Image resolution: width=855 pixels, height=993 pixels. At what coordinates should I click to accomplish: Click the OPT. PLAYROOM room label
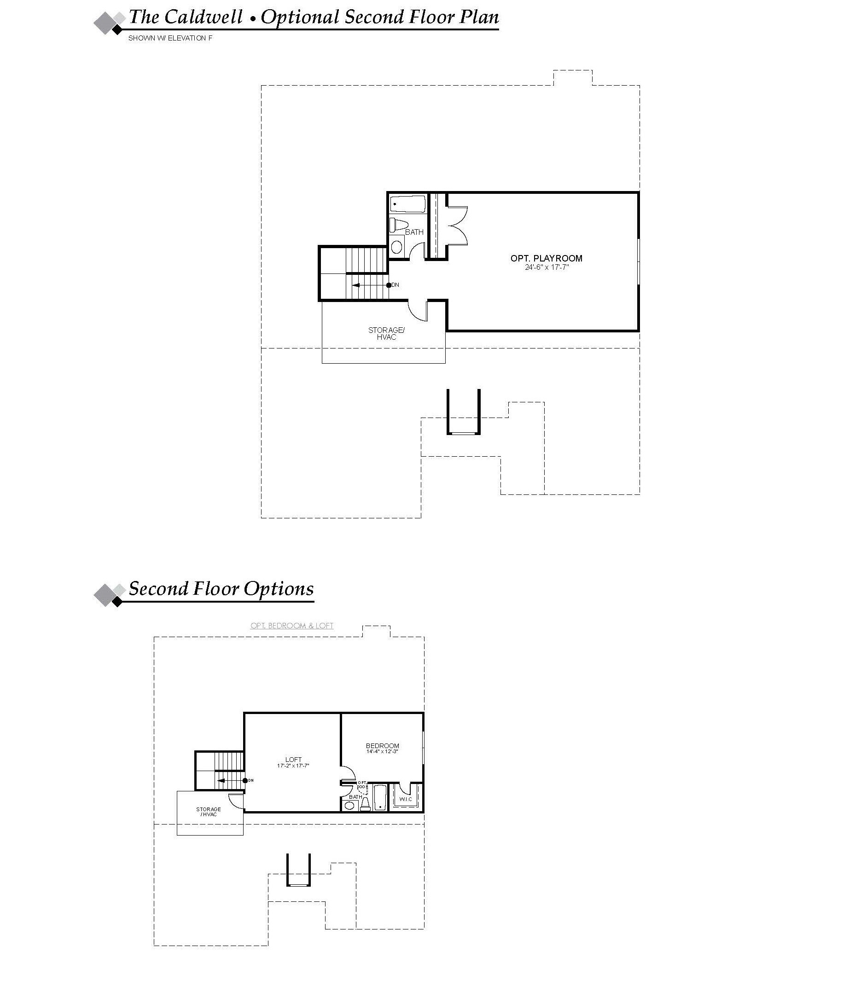click(x=547, y=258)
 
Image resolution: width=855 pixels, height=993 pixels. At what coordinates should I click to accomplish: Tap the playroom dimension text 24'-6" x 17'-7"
click(x=547, y=267)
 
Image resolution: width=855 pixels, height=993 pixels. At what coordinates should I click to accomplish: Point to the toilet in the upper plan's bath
click(x=398, y=225)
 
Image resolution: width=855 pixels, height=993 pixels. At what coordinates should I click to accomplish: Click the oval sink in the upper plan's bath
click(x=397, y=247)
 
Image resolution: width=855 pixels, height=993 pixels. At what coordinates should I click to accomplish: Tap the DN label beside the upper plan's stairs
click(x=396, y=285)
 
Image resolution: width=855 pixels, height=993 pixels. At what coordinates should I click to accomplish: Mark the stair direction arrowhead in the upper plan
click(x=355, y=285)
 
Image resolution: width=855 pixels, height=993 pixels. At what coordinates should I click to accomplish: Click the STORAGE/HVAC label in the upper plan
click(x=386, y=334)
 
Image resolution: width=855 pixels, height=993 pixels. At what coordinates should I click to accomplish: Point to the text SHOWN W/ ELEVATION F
click(x=170, y=38)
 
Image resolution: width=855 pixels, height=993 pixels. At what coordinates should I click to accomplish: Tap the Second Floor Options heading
click(x=221, y=588)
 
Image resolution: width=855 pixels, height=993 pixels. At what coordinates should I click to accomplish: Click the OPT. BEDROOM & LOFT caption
click(x=292, y=626)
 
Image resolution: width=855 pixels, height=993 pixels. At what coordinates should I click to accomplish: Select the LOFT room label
click(x=293, y=760)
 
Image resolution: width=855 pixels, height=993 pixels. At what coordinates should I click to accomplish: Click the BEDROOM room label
click(x=383, y=746)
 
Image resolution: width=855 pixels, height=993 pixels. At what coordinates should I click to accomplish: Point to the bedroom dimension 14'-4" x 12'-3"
click(x=383, y=752)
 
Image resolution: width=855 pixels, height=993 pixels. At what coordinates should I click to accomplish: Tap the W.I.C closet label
click(x=406, y=799)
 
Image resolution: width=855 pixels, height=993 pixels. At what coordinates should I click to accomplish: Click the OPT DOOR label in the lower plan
click(x=362, y=784)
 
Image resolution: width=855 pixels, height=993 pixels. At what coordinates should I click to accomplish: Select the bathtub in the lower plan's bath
click(x=380, y=797)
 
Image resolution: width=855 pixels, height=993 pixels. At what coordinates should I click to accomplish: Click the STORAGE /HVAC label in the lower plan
click(x=209, y=812)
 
